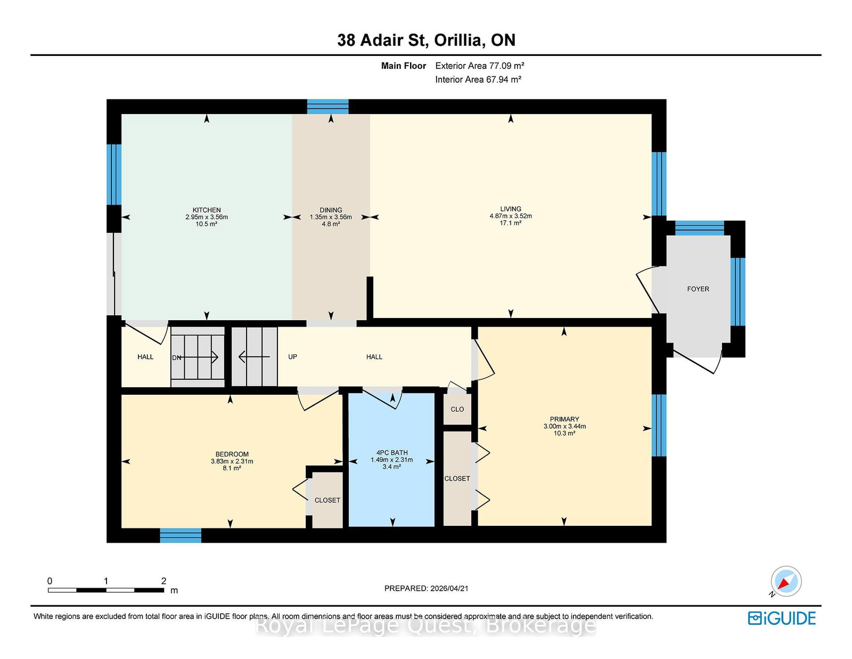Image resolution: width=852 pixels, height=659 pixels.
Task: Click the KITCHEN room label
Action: click(207, 210)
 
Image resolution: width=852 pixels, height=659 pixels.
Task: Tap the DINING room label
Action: click(331, 210)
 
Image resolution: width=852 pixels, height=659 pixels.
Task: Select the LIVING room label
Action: click(511, 209)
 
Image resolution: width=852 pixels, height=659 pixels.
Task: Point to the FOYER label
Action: click(698, 289)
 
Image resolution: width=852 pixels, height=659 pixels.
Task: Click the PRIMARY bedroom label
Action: click(564, 419)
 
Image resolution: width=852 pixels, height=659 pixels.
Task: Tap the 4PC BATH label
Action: click(392, 453)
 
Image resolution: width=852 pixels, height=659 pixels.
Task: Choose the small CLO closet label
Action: click(457, 409)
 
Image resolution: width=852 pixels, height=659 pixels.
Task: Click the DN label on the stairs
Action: click(177, 358)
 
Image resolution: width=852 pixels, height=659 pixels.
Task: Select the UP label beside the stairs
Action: click(292, 356)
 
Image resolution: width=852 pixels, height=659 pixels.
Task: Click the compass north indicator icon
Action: click(785, 582)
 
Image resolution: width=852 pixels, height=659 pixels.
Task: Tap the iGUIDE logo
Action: click(781, 619)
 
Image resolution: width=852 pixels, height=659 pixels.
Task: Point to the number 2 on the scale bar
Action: click(163, 581)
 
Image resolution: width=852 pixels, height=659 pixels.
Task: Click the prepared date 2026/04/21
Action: click(449, 588)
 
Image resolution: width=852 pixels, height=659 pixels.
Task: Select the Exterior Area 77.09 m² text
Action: click(480, 66)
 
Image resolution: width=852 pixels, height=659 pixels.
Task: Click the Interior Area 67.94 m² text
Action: click(478, 79)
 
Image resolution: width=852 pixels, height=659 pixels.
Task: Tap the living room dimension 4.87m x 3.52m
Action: click(511, 216)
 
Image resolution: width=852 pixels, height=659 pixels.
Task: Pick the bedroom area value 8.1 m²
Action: click(231, 468)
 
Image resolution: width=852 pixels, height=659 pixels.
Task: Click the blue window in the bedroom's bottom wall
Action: click(181, 535)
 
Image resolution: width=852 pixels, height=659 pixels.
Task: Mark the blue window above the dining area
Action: click(327, 107)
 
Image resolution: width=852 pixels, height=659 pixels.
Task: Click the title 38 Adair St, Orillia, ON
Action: click(426, 40)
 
